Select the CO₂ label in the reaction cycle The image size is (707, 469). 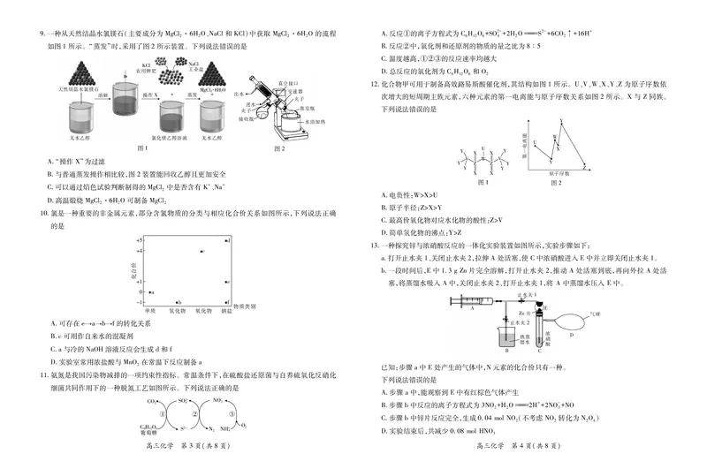coord(156,399)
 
